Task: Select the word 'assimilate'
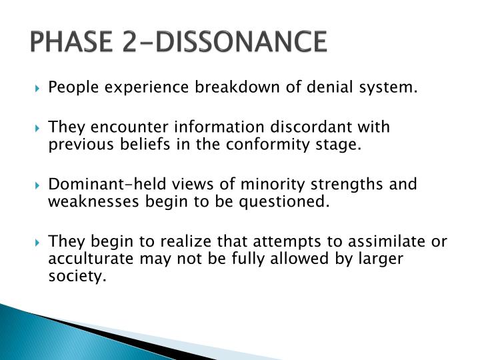coord(386,241)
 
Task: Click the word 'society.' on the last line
coord(77,277)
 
